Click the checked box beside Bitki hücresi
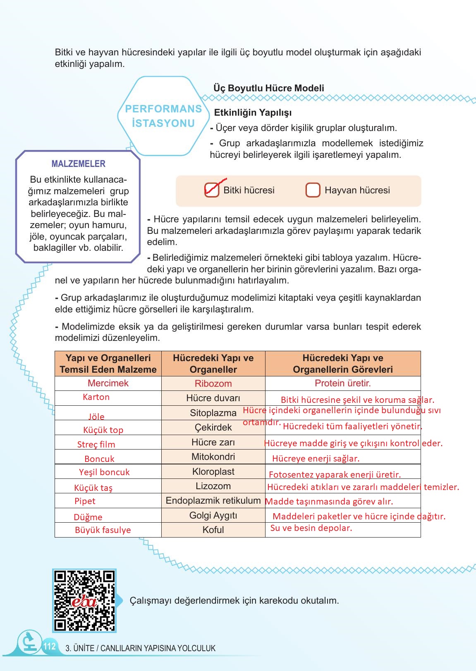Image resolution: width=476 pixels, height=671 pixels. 212,190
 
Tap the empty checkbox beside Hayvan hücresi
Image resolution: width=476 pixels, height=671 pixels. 313,190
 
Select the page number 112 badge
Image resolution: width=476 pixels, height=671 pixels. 49,646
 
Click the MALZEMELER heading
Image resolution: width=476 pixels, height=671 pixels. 78,164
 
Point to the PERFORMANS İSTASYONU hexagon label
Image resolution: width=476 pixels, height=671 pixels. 163,116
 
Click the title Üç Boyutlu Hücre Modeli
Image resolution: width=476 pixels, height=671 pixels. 268,88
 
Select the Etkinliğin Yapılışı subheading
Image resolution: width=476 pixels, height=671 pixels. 253,113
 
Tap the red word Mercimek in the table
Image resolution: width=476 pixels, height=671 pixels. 108,383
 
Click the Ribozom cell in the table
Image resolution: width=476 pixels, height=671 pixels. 213,383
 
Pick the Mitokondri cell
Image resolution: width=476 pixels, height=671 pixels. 213,457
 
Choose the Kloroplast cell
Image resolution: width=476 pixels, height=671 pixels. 213,471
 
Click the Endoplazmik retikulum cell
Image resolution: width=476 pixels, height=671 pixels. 213,500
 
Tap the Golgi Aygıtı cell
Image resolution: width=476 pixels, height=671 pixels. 213,515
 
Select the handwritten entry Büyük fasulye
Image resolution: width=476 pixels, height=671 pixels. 103,530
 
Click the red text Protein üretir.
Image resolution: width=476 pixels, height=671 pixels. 342,383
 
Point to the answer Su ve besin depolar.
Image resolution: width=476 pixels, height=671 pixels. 311,528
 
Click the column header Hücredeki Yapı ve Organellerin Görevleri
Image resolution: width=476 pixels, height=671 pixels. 342,364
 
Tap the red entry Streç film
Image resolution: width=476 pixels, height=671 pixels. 96,445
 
